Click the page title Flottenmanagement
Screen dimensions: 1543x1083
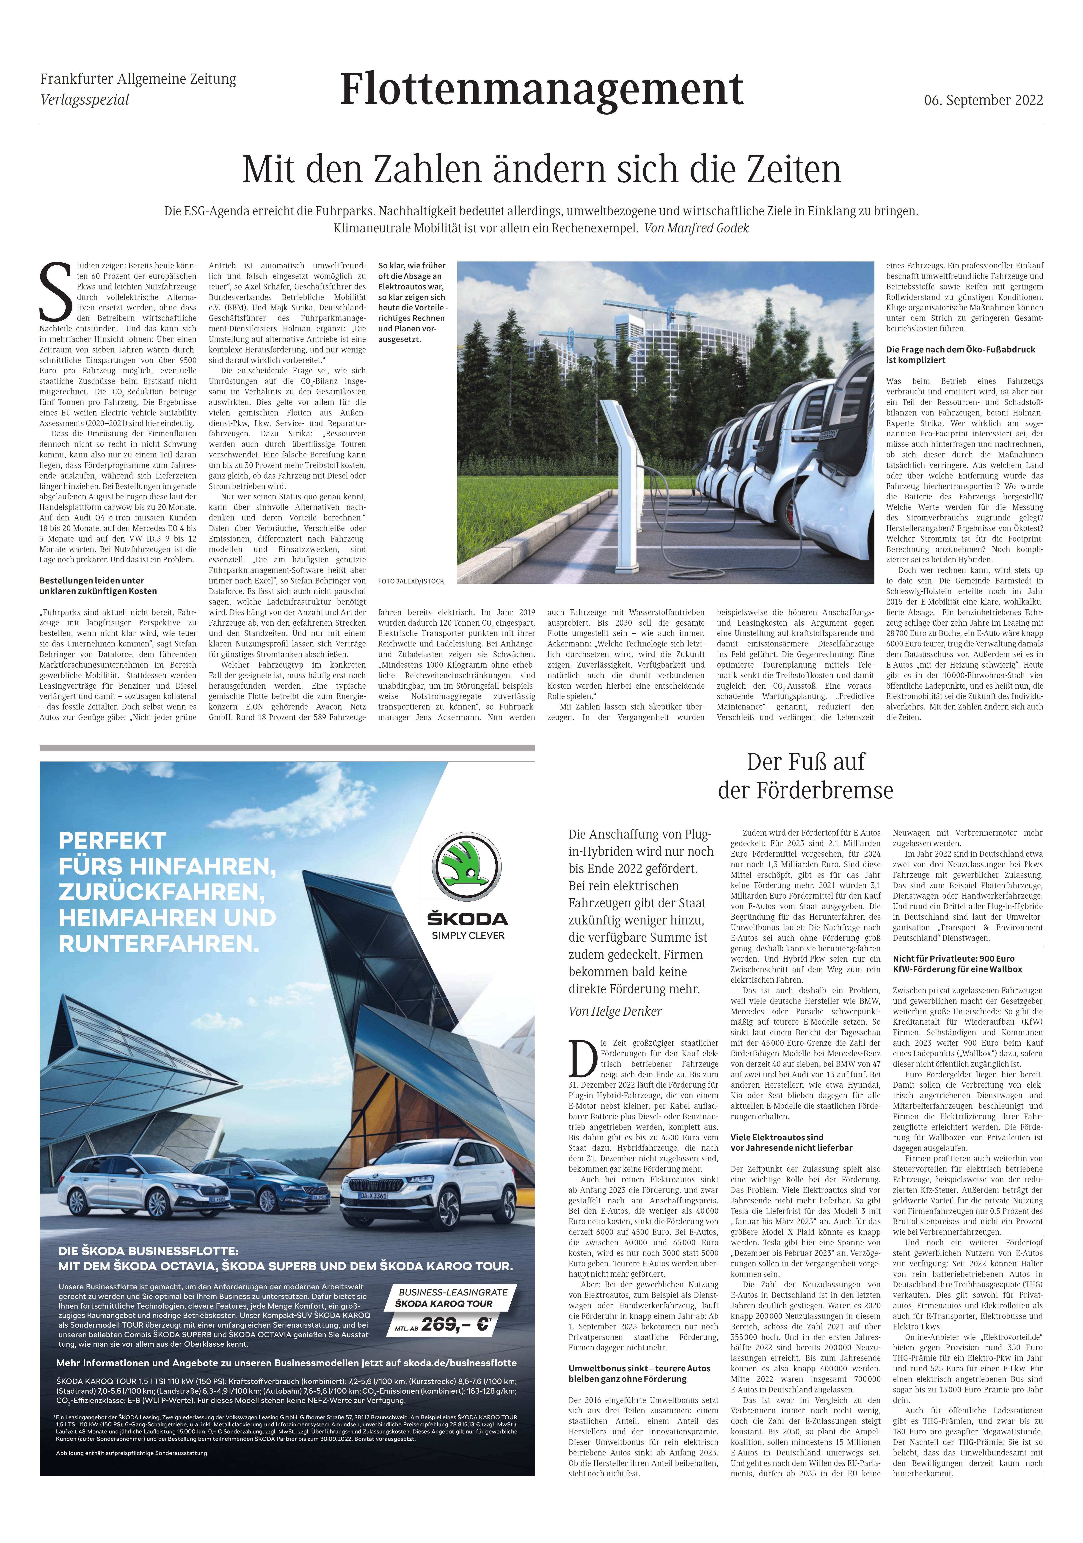tap(541, 89)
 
